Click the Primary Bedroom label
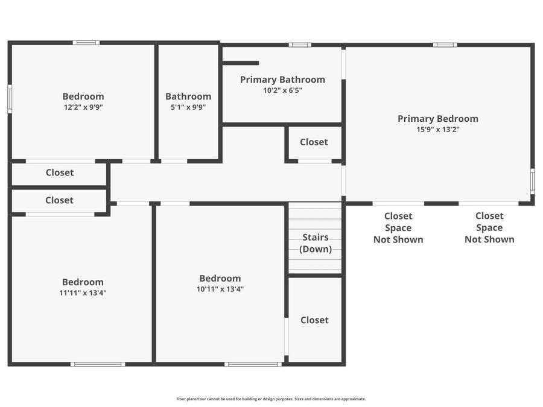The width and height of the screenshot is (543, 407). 438,119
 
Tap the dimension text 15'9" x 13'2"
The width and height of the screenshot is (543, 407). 438,130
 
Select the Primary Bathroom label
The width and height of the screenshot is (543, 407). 282,80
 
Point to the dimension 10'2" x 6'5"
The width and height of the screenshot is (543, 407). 282,90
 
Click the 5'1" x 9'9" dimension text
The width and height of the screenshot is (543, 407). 188,107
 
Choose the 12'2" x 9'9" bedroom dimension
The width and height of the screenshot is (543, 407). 83,107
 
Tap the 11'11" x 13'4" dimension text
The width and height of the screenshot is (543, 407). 83,293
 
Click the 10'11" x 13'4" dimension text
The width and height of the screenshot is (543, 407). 220,289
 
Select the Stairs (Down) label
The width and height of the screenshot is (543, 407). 316,243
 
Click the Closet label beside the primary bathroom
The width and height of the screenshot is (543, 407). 314,142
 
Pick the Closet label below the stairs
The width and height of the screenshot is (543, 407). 314,320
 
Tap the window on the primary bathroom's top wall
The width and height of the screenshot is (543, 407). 300,45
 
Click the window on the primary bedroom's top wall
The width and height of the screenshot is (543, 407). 445,45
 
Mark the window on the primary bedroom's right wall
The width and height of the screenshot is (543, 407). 533,181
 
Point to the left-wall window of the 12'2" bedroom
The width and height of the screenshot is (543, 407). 10,99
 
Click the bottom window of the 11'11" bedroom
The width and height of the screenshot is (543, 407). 98,364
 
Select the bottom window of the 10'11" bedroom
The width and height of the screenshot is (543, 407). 253,364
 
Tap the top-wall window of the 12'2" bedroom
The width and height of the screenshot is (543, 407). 86,43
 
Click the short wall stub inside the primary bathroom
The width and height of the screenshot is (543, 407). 240,63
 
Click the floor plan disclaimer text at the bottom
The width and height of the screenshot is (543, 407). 271,399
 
